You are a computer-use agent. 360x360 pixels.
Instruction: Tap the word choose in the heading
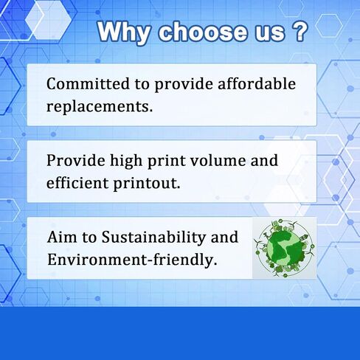pyautogui.click(x=203, y=32)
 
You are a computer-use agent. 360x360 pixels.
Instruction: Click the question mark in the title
pyautogui.click(x=300, y=31)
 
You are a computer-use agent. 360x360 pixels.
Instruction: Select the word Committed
pyautogui.click(x=88, y=84)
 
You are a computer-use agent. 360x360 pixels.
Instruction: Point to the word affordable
pyautogui.click(x=257, y=83)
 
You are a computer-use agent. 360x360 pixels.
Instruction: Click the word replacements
pyautogui.click(x=100, y=107)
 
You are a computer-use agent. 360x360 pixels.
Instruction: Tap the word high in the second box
pyautogui.click(x=126, y=162)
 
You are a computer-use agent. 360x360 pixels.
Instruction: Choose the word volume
pyautogui.click(x=218, y=160)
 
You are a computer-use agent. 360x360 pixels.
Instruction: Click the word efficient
pyautogui.click(x=77, y=183)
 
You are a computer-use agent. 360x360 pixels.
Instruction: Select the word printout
pyautogui.click(x=147, y=184)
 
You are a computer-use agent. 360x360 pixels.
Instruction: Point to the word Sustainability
pyautogui.click(x=153, y=238)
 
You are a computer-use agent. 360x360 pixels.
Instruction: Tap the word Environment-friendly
pyautogui.click(x=132, y=260)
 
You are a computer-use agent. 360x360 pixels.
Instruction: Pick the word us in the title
pyautogui.click(x=270, y=33)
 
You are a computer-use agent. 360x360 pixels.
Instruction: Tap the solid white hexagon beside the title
pyautogui.click(x=49, y=20)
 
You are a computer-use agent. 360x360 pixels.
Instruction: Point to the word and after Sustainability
pyautogui.click(x=224, y=237)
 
